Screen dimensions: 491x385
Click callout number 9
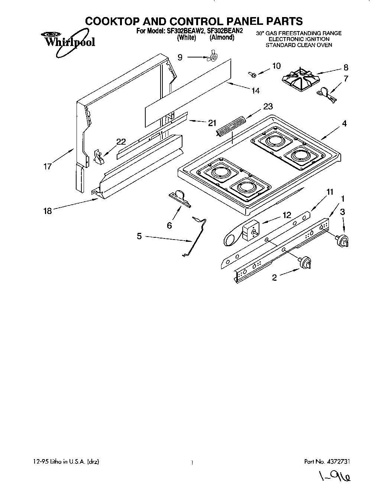click(x=180, y=57)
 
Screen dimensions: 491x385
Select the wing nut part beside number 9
click(x=213, y=57)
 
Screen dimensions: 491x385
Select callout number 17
click(x=47, y=167)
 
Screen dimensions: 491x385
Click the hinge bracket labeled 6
click(x=179, y=199)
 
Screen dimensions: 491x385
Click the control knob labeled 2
click(x=305, y=263)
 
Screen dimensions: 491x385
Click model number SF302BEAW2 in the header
click(x=185, y=31)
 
